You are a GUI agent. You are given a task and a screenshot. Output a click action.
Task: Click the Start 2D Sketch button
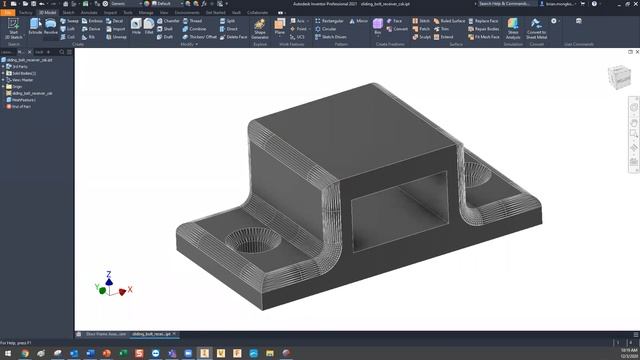tap(13, 27)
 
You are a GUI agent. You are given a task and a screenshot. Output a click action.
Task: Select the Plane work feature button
tap(279, 27)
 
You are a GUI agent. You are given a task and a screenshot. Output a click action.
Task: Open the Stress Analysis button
tap(514, 28)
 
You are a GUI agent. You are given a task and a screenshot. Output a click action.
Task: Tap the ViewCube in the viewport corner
tap(617, 77)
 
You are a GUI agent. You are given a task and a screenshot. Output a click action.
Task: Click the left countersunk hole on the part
tap(247, 242)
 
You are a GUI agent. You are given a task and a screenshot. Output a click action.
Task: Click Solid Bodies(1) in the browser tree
tap(23, 73)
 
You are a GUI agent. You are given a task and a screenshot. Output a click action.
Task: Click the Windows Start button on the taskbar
tap(5, 353)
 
